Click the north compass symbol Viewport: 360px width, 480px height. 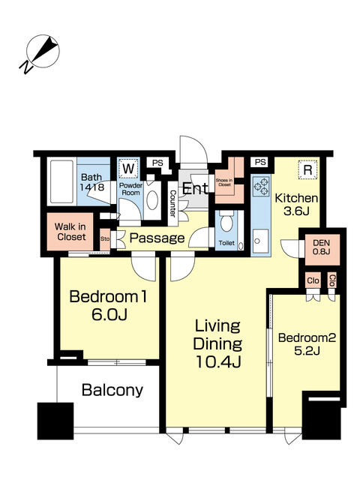point(40,53)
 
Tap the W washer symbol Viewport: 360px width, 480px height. point(128,168)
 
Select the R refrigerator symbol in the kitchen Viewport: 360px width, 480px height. point(307,169)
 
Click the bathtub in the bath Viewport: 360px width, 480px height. point(62,181)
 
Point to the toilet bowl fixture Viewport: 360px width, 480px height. point(226,221)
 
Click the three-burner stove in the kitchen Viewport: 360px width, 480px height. point(260,186)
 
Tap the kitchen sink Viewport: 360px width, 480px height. point(260,241)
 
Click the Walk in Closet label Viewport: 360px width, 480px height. point(70,232)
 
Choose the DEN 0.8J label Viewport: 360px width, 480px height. point(322,247)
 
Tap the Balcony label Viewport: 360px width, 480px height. point(112,390)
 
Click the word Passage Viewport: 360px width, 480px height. point(157,238)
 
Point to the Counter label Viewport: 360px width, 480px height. point(173,204)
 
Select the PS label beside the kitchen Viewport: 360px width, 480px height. point(260,162)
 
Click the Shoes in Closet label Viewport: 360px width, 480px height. point(224,182)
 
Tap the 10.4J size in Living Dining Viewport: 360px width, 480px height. point(218,361)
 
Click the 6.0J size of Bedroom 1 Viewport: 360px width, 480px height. point(109,314)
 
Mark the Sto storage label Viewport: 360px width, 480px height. point(105,238)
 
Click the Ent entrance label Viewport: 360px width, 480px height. point(196,188)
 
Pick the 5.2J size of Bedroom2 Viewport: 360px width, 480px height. point(307,350)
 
